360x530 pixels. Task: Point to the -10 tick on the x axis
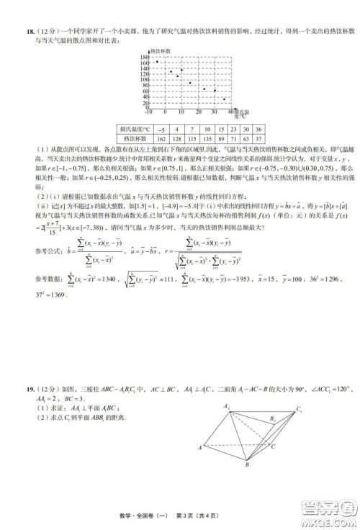149,112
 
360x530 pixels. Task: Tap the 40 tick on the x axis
232,112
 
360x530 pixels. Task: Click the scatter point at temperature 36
225,99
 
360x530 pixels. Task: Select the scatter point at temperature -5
157,61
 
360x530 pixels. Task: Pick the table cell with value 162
161,138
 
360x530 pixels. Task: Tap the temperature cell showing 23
223,129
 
